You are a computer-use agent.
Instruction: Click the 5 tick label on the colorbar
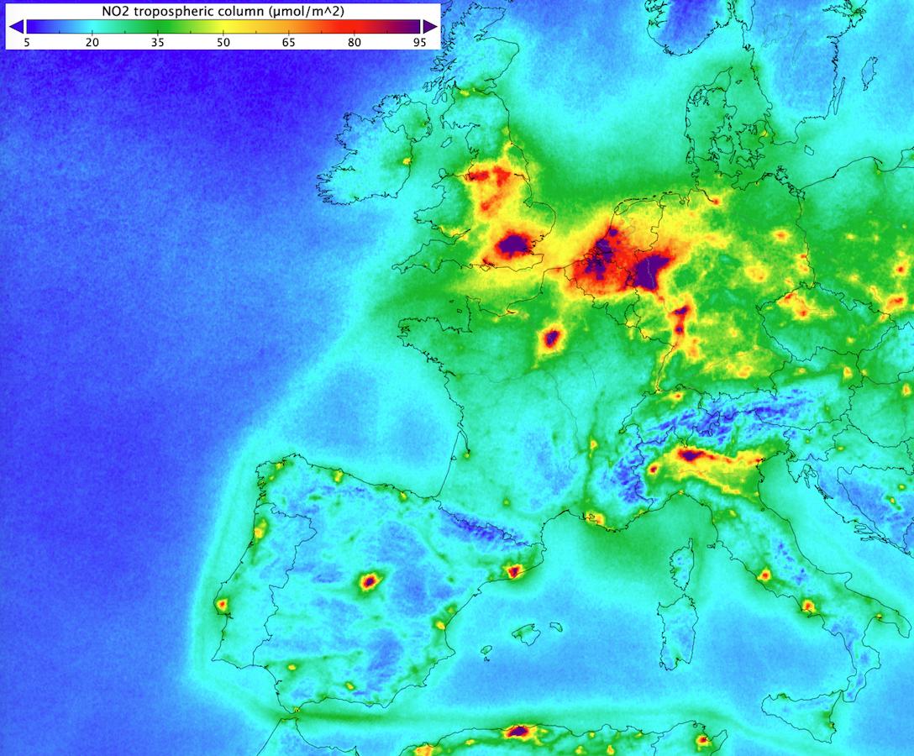pos(27,41)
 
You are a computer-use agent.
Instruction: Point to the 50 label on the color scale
pos(223,41)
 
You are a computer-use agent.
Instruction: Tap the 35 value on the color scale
pos(157,41)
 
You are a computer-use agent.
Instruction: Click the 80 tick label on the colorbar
pos(354,41)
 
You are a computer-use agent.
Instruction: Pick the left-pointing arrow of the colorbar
pos(15,26)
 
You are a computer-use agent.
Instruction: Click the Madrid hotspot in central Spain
pos(368,580)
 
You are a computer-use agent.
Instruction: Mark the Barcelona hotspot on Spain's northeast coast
pos(514,572)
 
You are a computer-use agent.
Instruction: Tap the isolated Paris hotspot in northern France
pos(551,339)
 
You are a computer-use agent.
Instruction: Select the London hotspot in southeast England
pos(512,245)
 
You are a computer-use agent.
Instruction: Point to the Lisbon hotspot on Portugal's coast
pos(222,603)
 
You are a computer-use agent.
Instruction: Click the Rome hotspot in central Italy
pos(764,576)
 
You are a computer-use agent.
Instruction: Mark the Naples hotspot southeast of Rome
pos(808,606)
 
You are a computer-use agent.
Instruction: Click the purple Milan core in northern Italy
pos(691,456)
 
